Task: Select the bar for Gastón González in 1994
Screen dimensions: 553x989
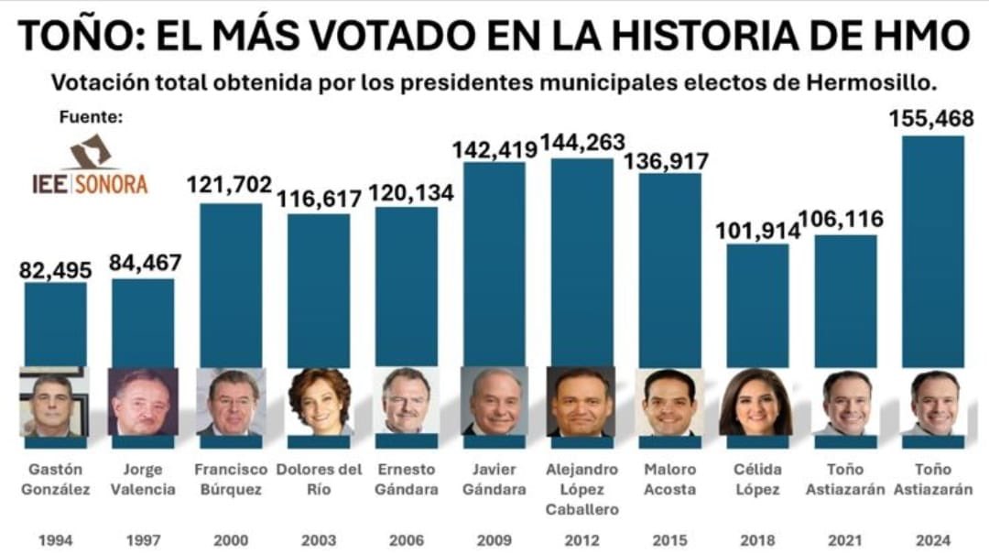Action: [55, 325]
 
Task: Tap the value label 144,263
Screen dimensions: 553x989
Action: [582, 143]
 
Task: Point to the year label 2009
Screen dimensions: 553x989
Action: [494, 539]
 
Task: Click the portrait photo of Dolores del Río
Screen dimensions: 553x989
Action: [319, 402]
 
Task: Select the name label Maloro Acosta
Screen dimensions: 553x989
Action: [669, 480]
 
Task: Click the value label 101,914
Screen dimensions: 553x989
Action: [756, 231]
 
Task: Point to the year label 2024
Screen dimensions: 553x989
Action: [933, 539]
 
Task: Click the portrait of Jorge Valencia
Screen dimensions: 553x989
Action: [143, 402]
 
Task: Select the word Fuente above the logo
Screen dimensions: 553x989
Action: [90, 117]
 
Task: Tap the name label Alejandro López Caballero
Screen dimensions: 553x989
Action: [582, 489]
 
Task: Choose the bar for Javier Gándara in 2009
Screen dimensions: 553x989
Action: [494, 266]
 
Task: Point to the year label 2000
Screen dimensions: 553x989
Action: [230, 539]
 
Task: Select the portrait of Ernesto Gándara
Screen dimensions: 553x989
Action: [406, 402]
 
